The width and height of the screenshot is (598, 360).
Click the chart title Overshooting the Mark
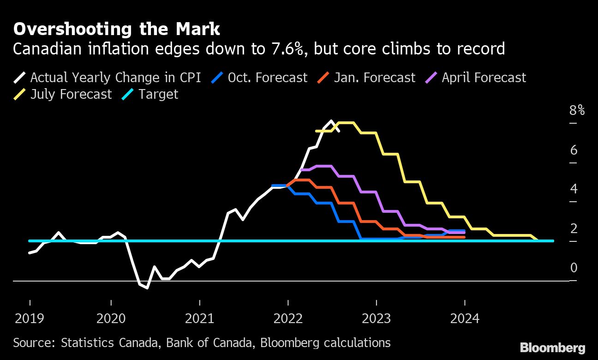pyautogui.click(x=116, y=29)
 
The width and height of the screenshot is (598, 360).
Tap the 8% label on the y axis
pyautogui.click(x=577, y=110)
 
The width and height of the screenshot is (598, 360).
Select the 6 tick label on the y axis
pyautogui.click(x=574, y=150)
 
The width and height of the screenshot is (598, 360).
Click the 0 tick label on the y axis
pyautogui.click(x=574, y=268)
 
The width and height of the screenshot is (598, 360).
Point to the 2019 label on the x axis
pyautogui.click(x=30, y=318)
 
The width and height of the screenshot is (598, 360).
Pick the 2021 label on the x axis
pyautogui.click(x=199, y=318)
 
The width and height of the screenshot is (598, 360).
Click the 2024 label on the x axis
pyautogui.click(x=464, y=318)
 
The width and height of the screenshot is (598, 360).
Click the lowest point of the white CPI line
pyautogui.click(x=147, y=288)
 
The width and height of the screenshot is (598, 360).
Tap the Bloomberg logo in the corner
pyautogui.click(x=552, y=348)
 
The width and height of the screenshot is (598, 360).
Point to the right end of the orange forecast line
pyautogui.click(x=464, y=237)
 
